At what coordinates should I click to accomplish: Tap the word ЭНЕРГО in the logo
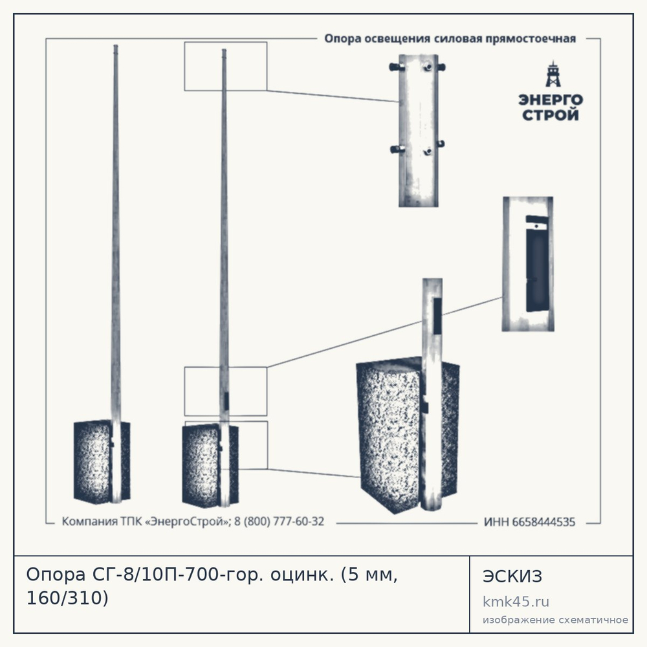(x=551, y=100)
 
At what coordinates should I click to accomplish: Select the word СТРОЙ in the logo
(x=551, y=115)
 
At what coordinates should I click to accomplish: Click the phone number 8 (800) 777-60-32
(x=279, y=521)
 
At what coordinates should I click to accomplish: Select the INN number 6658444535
(x=543, y=522)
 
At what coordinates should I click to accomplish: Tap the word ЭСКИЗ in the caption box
(x=512, y=576)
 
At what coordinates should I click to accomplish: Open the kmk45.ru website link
(x=516, y=602)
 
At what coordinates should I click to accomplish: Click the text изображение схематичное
(x=555, y=620)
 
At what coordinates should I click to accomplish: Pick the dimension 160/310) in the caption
(x=67, y=598)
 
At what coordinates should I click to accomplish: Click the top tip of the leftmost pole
(x=116, y=45)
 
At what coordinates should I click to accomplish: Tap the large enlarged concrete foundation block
(x=408, y=435)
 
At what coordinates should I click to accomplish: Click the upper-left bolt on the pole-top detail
(x=396, y=67)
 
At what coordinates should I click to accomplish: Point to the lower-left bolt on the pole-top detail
(x=397, y=149)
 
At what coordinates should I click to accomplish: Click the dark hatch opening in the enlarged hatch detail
(x=537, y=264)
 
